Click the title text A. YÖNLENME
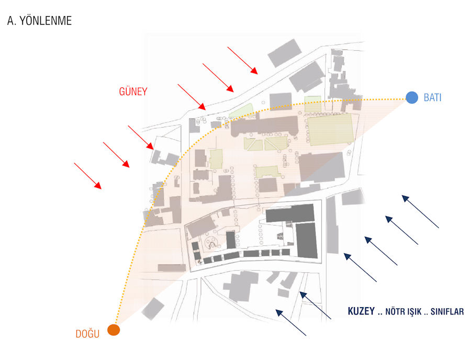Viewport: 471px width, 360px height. click(x=39, y=21)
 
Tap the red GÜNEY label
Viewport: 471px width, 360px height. click(x=133, y=92)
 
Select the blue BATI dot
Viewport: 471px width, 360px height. click(x=412, y=97)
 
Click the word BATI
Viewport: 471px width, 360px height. click(x=432, y=97)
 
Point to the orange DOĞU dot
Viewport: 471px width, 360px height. click(x=114, y=330)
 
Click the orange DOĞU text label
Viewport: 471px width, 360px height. click(x=87, y=334)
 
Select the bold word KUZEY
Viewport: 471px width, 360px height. click(x=361, y=311)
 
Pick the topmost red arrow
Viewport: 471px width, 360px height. click(x=242, y=60)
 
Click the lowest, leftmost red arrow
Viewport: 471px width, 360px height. click(x=88, y=175)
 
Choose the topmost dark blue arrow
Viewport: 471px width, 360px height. click(x=420, y=211)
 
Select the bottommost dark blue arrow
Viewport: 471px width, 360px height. click(x=291, y=322)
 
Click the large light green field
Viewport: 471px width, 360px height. click(x=330, y=130)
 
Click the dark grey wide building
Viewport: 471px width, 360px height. click(x=289, y=213)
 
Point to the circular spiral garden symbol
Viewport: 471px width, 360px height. click(x=212, y=242)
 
